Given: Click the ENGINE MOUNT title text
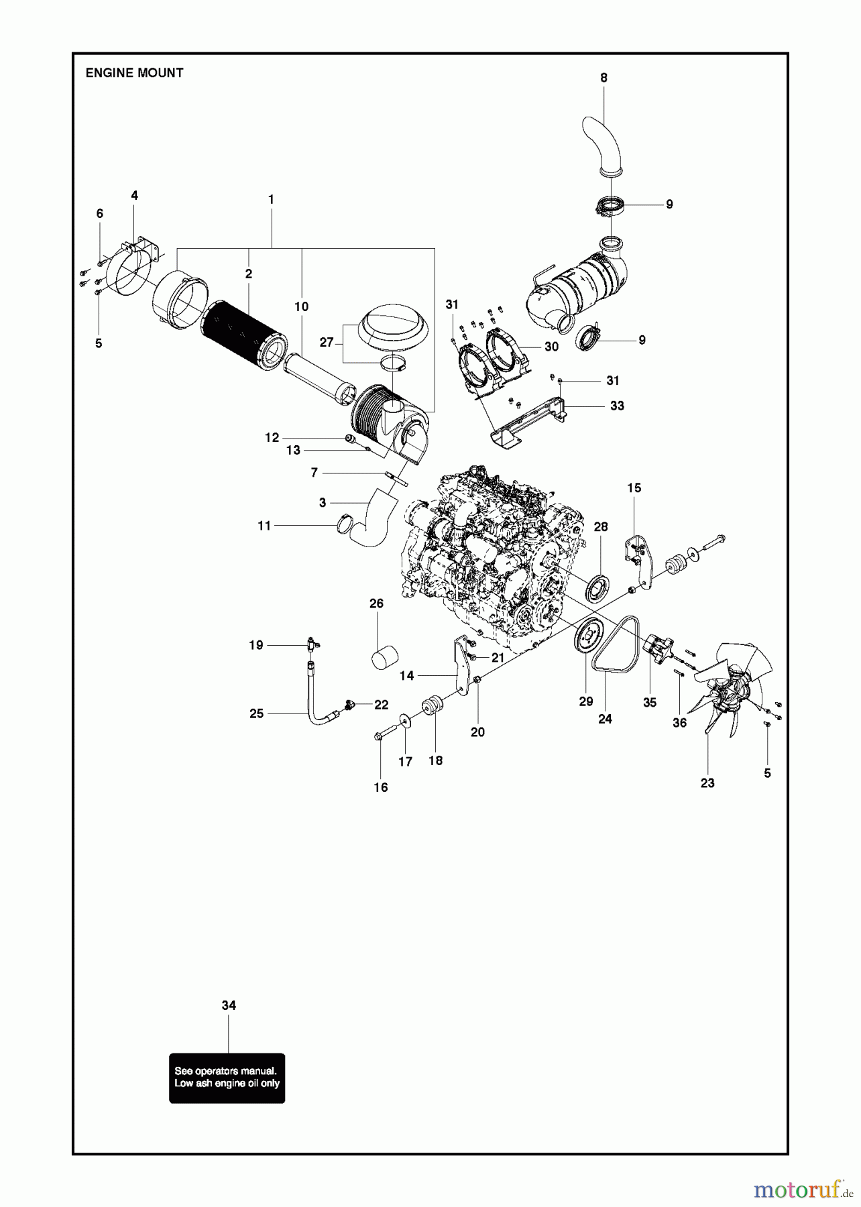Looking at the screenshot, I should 134,73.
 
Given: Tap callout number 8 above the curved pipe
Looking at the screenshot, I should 604,78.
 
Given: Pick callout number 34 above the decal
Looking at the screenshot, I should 229,1005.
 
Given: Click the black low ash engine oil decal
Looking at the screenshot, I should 227,1078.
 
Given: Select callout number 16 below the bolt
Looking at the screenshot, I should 381,787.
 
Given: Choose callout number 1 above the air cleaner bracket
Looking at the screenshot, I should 271,199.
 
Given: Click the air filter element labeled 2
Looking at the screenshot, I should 245,335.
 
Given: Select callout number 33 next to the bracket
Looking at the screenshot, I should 617,406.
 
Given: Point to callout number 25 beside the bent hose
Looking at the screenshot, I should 256,713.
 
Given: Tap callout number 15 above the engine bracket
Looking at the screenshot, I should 634,487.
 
